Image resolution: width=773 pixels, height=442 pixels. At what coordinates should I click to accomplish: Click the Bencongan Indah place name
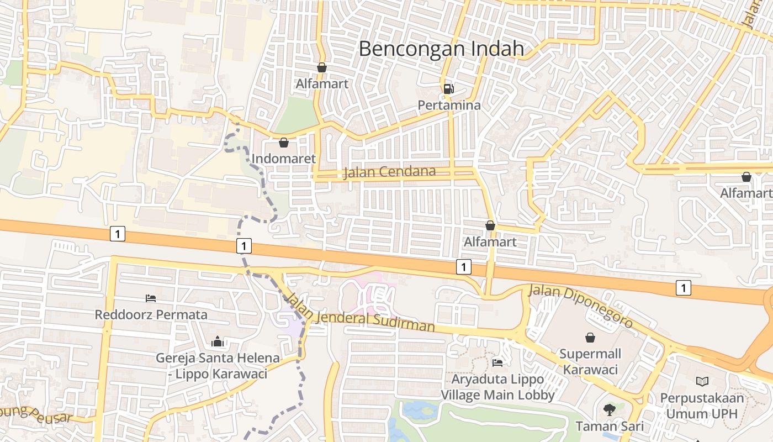click(x=441, y=49)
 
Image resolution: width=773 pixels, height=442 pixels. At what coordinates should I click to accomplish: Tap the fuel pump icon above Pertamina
click(x=449, y=88)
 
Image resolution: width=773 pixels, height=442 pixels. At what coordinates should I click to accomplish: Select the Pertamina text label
click(x=449, y=105)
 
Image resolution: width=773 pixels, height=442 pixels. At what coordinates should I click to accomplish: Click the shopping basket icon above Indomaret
click(x=284, y=143)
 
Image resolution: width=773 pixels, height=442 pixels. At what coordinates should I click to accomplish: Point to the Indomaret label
click(x=284, y=159)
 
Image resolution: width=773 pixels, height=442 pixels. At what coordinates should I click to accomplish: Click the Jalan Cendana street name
click(x=389, y=172)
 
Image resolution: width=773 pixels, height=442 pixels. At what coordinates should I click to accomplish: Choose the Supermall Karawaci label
click(x=590, y=362)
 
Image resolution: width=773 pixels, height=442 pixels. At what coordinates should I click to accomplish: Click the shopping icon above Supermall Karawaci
click(x=590, y=337)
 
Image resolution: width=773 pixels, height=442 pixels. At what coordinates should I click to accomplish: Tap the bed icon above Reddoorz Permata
click(x=151, y=298)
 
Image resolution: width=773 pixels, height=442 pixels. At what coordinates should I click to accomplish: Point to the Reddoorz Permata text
click(x=151, y=315)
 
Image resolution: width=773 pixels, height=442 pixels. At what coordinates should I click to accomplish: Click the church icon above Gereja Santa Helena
click(x=217, y=341)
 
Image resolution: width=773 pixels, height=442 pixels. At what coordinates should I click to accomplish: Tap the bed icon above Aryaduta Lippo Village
click(x=497, y=362)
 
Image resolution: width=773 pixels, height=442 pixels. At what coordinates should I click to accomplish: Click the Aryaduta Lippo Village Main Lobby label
click(x=497, y=387)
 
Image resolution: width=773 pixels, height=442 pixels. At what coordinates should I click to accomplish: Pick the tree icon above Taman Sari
click(x=610, y=410)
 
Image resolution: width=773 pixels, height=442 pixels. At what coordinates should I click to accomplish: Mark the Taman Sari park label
click(x=610, y=427)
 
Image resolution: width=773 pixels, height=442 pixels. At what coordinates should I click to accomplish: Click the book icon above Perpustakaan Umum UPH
click(x=702, y=381)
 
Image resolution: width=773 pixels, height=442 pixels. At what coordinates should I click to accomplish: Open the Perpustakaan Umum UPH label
click(x=702, y=406)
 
